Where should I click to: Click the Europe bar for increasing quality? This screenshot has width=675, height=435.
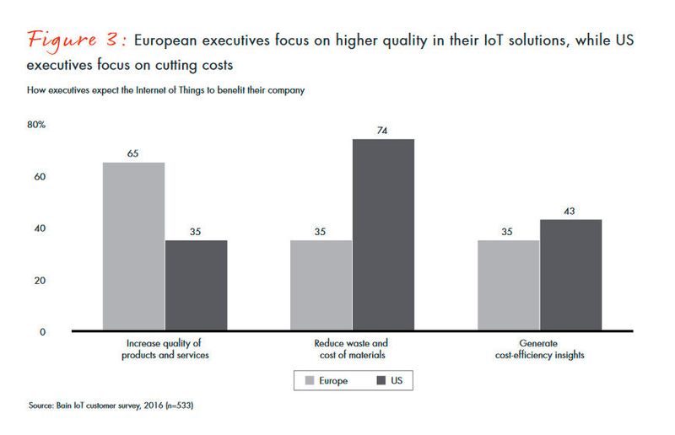(133, 245)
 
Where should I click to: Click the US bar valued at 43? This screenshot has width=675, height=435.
(571, 275)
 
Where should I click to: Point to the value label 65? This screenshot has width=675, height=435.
(133, 154)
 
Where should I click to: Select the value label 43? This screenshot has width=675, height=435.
(571, 212)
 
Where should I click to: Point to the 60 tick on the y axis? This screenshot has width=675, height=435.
(39, 177)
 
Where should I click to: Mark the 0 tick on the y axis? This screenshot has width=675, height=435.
(42, 331)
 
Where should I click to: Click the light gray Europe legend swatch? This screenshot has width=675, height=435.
(308, 381)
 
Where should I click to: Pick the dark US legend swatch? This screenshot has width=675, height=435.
(379, 381)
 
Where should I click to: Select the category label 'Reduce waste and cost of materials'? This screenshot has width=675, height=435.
(352, 349)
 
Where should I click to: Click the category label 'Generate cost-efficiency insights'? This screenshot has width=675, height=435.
(540, 349)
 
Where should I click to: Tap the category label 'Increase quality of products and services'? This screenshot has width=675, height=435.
(165, 349)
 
